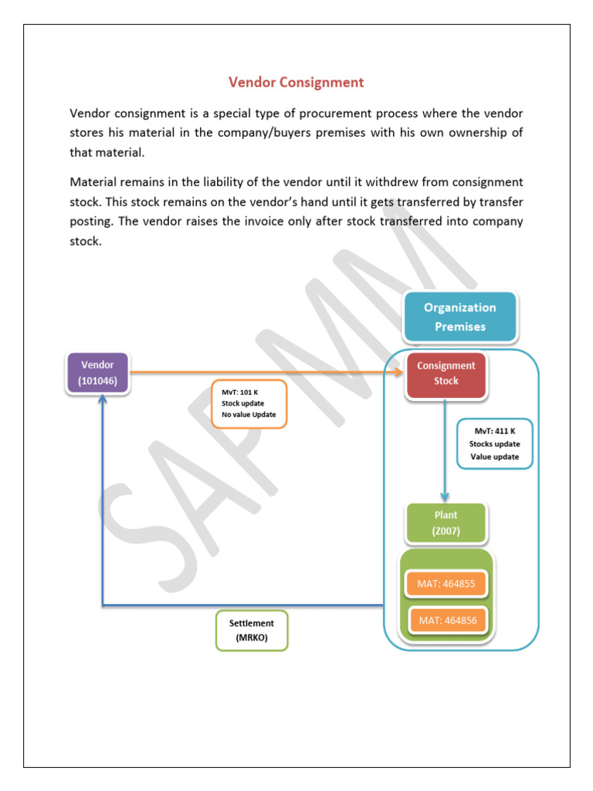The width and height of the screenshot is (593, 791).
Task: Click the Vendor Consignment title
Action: (296, 82)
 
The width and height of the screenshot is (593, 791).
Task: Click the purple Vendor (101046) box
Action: (98, 372)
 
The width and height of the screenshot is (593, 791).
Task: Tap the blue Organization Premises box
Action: (459, 317)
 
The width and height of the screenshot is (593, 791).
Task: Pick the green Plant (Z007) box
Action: (445, 523)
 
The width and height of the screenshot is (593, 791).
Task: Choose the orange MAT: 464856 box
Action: (448, 620)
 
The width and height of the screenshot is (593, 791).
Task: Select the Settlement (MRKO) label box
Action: (251, 630)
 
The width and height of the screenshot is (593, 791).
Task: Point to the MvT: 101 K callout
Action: (247, 403)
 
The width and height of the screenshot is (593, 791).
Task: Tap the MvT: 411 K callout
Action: (494, 444)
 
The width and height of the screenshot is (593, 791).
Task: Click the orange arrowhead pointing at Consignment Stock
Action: (399, 372)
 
